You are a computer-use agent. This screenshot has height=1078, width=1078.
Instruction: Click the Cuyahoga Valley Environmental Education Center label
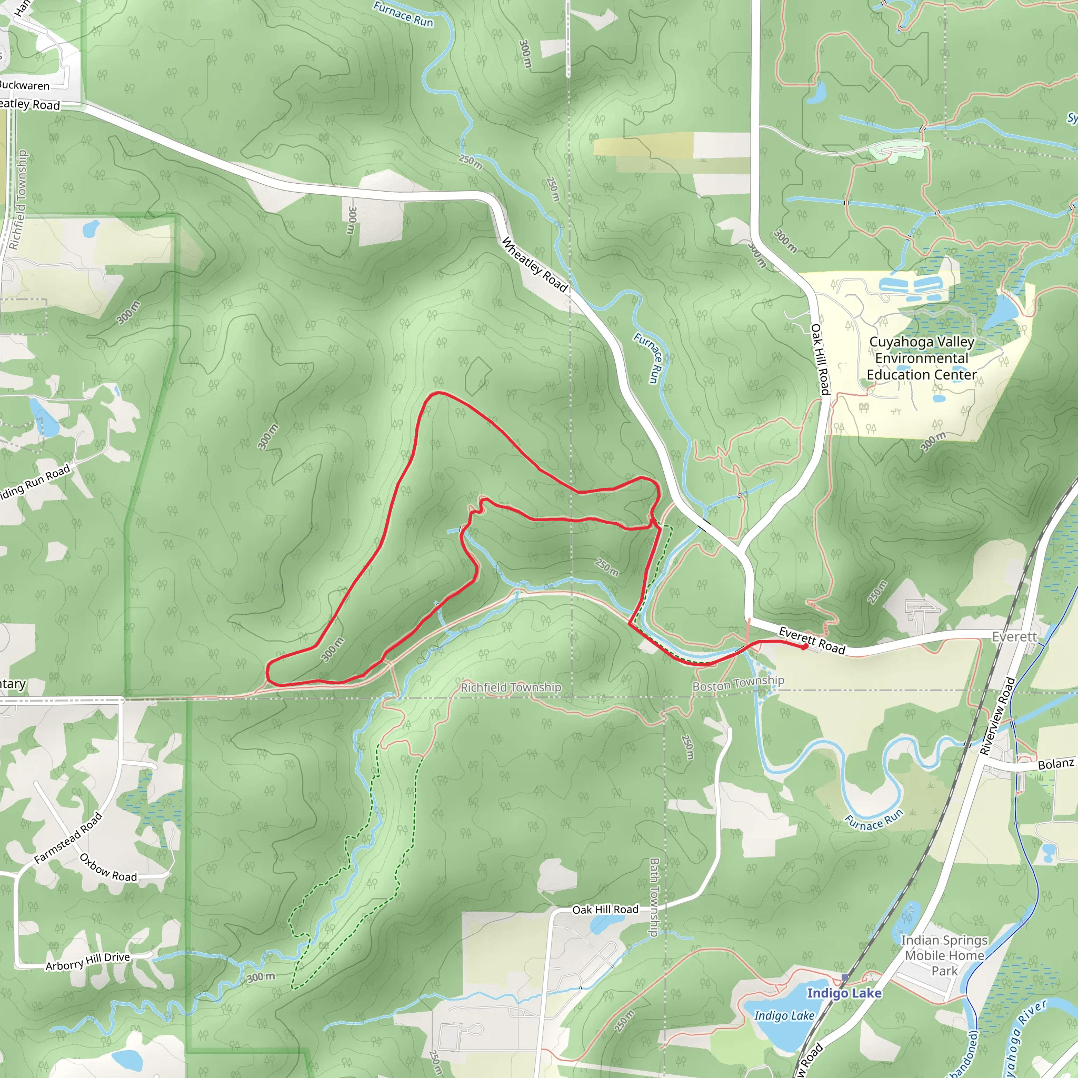coord(921,358)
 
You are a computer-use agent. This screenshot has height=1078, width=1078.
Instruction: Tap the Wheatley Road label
coord(535,265)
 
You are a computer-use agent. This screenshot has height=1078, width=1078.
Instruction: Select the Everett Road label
coord(812,641)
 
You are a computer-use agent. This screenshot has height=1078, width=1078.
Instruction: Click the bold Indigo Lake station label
coord(844,993)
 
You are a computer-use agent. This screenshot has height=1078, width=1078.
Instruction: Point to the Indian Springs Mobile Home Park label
coord(944,955)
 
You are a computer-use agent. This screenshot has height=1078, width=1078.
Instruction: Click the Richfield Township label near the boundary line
coord(511,687)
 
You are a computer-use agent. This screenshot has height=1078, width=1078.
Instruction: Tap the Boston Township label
coord(738,683)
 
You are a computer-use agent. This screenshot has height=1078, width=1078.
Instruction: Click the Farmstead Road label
coord(68,837)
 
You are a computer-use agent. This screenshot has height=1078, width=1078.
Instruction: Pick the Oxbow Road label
coord(108,867)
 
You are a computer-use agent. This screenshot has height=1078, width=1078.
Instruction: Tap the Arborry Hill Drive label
coord(87,961)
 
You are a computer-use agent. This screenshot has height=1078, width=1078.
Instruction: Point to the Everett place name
coord(1014,637)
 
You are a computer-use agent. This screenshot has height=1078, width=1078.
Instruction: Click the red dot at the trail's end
coord(804,647)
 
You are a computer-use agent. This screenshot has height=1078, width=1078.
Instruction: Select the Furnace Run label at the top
coord(403,14)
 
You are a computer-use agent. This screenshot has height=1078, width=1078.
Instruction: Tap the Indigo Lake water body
coord(775,1032)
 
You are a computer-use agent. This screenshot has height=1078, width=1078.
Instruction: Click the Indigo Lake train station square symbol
coord(845,977)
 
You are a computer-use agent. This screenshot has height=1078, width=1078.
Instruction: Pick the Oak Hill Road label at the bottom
coord(605,910)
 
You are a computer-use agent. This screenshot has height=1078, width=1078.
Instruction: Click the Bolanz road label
coord(1056,764)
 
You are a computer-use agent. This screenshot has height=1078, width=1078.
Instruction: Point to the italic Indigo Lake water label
coord(784,1015)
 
